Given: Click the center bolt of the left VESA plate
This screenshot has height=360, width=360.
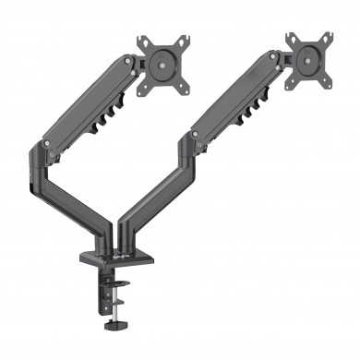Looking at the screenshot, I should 162,64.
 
